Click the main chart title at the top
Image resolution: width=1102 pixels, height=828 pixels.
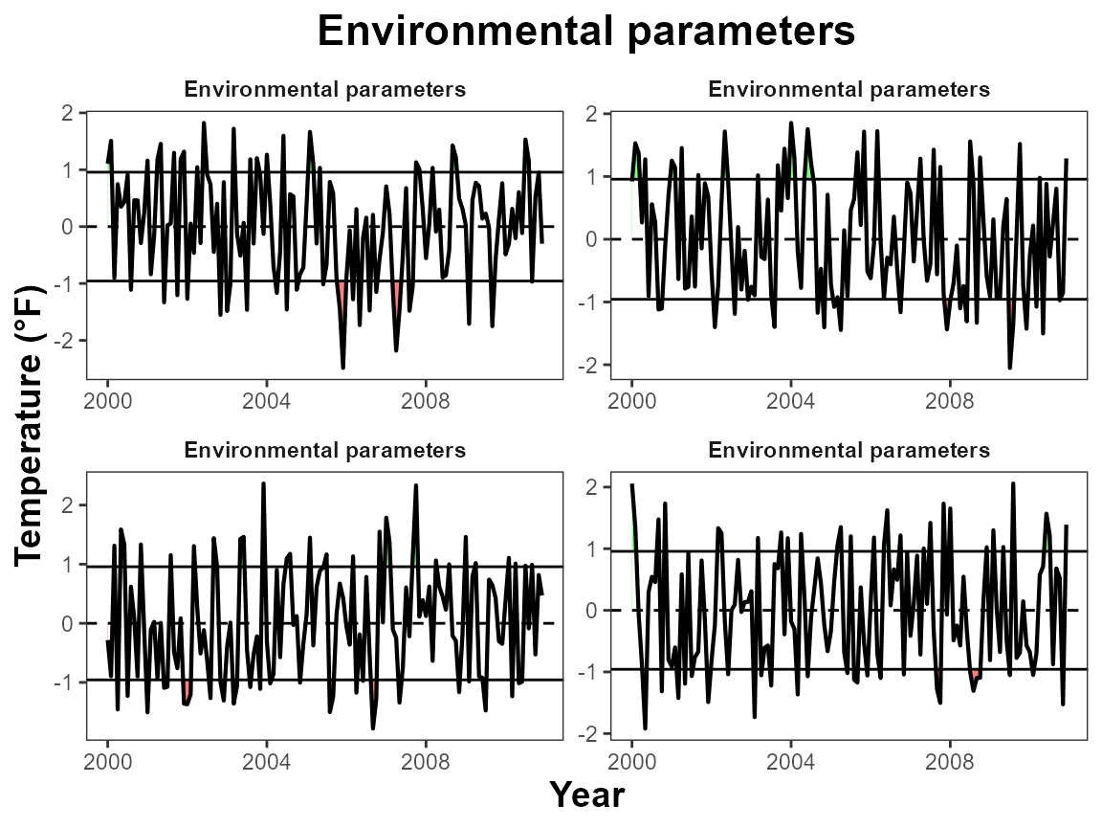click(x=585, y=32)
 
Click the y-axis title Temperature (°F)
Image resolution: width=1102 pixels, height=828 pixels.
click(x=32, y=426)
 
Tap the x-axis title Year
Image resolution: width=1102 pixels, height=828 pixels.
click(x=586, y=794)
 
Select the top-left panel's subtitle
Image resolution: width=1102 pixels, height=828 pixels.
click(x=324, y=90)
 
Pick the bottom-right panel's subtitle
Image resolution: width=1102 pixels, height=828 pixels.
click(x=849, y=451)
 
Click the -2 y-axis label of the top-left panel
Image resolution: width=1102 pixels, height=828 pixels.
click(x=68, y=341)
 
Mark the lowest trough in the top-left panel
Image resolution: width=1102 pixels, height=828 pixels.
click(x=342, y=368)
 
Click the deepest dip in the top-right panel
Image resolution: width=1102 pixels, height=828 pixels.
click(x=1009, y=368)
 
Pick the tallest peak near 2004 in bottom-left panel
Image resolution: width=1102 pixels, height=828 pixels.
click(x=263, y=484)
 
